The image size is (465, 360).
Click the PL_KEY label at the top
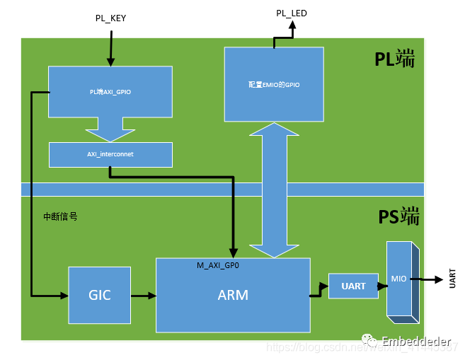click(x=110, y=18)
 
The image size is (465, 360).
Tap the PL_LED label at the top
click(x=291, y=13)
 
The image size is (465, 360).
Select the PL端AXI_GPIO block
click(x=110, y=92)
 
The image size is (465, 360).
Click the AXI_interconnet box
click(x=110, y=154)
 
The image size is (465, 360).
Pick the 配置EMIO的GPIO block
click(x=273, y=84)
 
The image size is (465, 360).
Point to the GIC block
click(x=100, y=295)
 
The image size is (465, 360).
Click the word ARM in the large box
click(x=233, y=295)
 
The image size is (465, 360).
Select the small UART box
click(x=353, y=286)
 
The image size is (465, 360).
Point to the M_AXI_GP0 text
click(x=218, y=265)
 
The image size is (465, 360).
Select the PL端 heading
click(x=395, y=61)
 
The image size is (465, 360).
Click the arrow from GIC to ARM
click(x=143, y=295)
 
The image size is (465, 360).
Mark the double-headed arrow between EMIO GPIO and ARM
click(x=273, y=190)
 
